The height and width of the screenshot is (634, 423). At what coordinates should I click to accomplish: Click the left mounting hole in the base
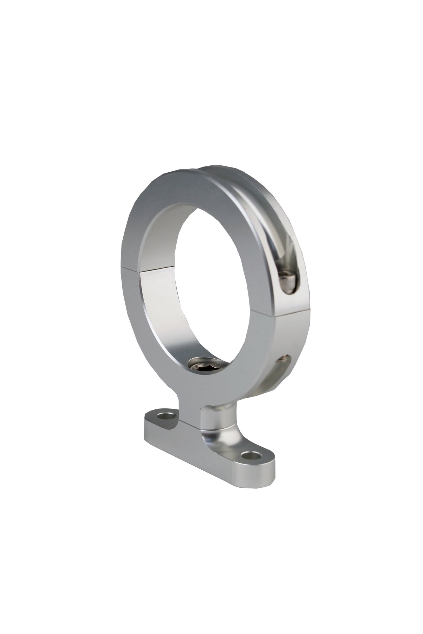click(166, 416)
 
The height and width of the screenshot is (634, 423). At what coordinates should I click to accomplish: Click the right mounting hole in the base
click(252, 455)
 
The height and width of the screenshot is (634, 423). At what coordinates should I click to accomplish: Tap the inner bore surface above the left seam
click(153, 244)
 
